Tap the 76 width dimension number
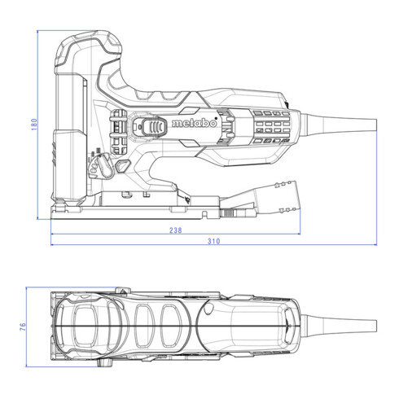point(24,326)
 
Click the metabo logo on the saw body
point(193,126)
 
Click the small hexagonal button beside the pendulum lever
point(121,165)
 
